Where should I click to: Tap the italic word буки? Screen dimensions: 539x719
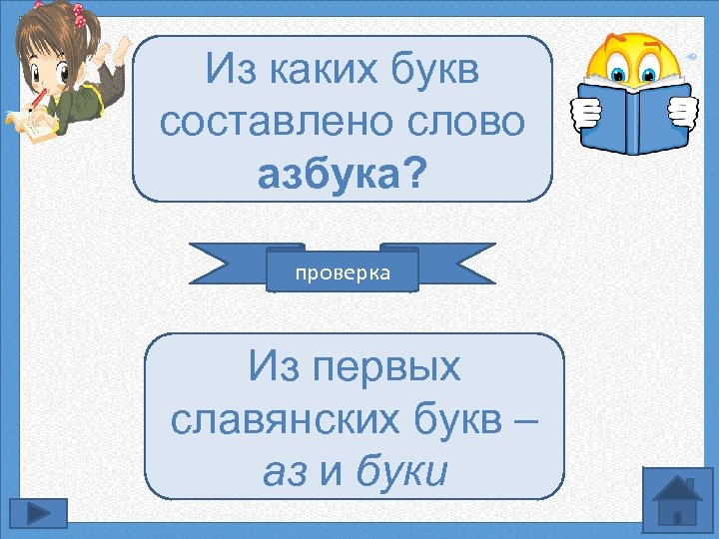[397, 471]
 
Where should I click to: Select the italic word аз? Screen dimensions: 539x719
[286, 471]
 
